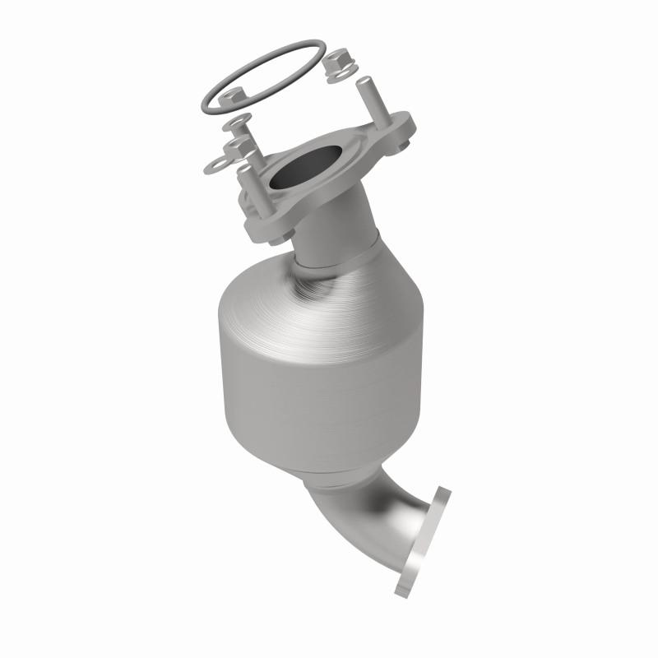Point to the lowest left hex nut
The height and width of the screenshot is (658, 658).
click(x=239, y=146)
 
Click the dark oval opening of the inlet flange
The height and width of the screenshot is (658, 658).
click(x=304, y=166)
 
